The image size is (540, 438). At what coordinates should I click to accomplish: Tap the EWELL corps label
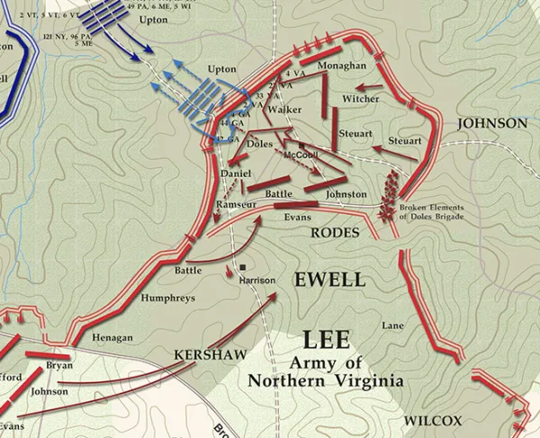(x=329, y=280)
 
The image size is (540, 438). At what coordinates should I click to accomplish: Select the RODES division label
(x=334, y=233)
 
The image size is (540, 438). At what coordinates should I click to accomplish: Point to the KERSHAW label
(x=210, y=354)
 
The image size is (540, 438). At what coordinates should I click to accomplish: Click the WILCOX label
(x=433, y=421)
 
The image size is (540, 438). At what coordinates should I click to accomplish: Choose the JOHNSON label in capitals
(x=491, y=123)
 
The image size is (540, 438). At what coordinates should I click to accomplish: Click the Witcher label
(x=360, y=98)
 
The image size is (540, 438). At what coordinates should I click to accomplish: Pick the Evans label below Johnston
(x=297, y=218)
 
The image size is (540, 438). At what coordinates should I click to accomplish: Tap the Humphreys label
(x=167, y=298)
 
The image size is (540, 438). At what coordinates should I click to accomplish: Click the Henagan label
(x=112, y=337)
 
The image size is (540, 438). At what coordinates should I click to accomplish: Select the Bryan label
(x=59, y=365)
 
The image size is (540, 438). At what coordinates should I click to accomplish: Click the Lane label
(x=393, y=326)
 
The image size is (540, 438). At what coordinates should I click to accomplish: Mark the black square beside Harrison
(x=243, y=267)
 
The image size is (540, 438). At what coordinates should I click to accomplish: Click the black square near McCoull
(x=301, y=145)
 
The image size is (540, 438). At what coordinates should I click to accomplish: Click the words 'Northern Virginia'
(x=326, y=380)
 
